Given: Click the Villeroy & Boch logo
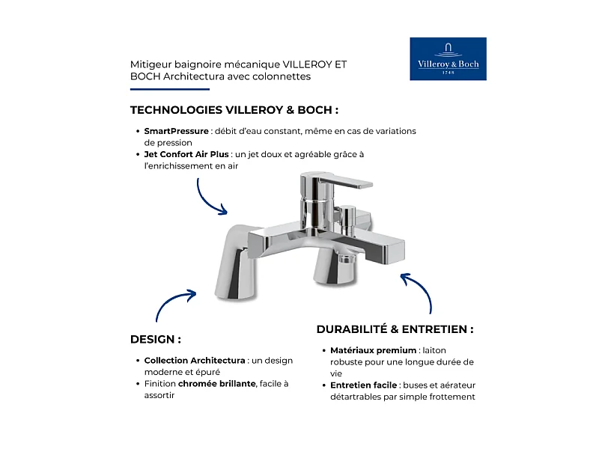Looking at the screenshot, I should point(448,58).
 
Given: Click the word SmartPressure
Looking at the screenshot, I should point(177,131).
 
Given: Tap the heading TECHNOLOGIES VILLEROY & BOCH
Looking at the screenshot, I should point(234,110).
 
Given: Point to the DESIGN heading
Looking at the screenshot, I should point(155,339).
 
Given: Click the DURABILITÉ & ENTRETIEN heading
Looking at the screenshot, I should point(395,329).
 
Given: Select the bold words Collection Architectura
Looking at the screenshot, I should point(194,360).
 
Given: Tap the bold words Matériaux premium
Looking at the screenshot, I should point(373,350).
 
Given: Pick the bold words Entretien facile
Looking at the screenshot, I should point(364,385).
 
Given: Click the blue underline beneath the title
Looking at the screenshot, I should point(159,90).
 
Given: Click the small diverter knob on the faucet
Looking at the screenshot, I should point(348,217).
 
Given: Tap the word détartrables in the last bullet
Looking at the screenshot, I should point(355,397).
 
